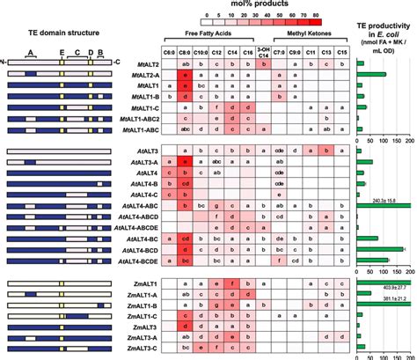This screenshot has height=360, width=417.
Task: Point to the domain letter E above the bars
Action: tap(61, 52)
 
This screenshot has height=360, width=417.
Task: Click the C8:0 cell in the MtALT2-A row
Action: tap(186, 77)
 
